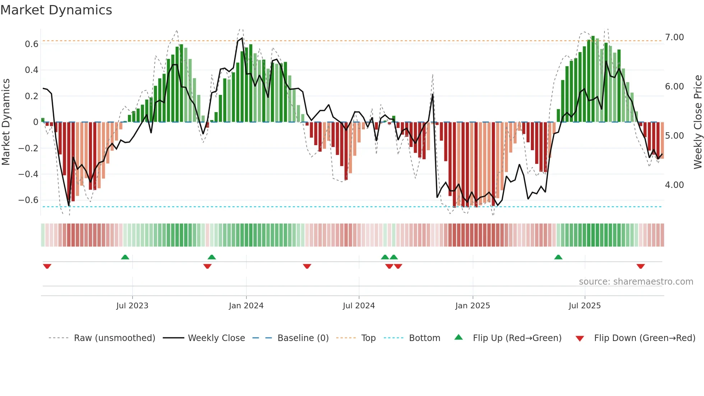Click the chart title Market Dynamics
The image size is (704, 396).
(x=56, y=10)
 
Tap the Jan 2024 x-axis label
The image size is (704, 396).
(x=246, y=306)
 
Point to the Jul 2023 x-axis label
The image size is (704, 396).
(x=132, y=306)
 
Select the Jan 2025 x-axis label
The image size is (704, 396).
(x=472, y=306)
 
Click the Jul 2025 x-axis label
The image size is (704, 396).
(x=584, y=306)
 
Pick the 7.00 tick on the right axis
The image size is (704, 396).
(x=674, y=37)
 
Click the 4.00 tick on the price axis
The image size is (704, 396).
(x=674, y=185)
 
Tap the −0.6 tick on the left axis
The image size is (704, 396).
(x=28, y=200)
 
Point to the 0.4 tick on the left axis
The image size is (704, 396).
(x=31, y=70)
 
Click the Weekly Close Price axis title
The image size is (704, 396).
(x=698, y=122)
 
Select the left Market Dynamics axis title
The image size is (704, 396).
(x=6, y=122)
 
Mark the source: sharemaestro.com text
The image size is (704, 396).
(x=636, y=282)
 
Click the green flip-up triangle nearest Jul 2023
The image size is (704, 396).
(x=125, y=257)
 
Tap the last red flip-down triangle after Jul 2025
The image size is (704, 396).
(x=640, y=266)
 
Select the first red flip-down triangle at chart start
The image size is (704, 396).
(x=47, y=266)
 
